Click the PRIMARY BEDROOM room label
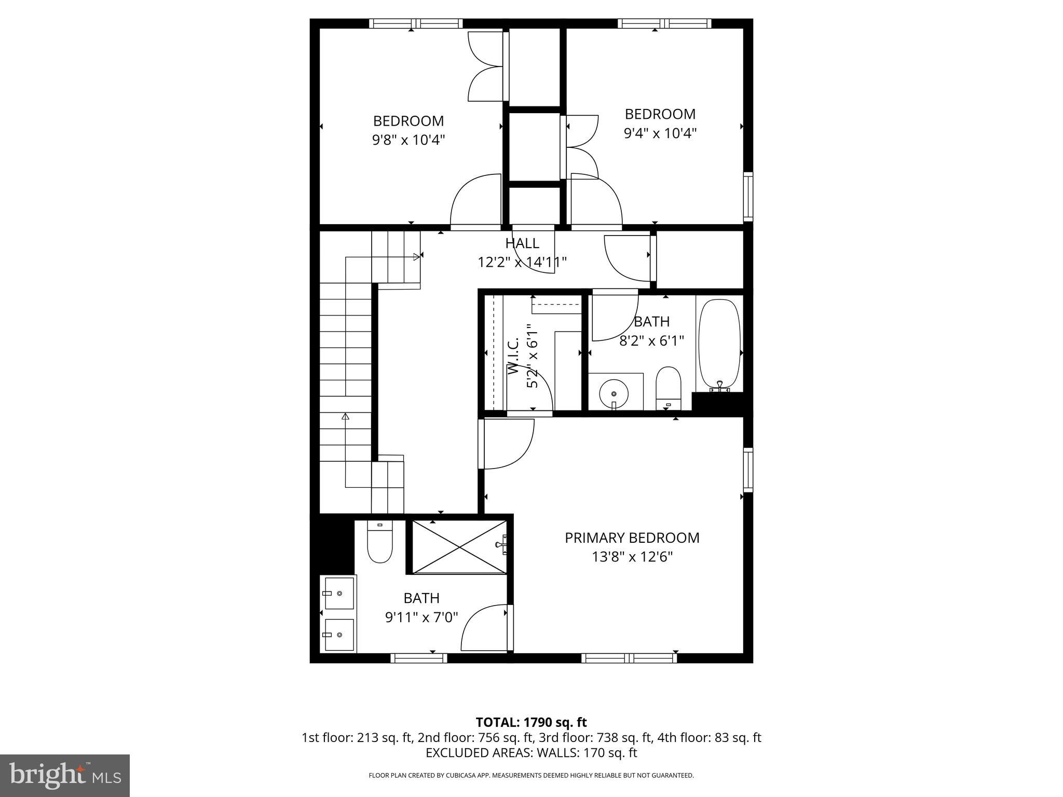(632, 538)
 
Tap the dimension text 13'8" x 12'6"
(632, 557)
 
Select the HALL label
(522, 243)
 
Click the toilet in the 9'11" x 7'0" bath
(380, 543)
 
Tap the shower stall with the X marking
(459, 546)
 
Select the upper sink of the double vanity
(339, 593)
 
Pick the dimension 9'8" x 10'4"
(408, 140)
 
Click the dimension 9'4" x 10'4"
(660, 133)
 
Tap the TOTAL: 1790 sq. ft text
(531, 722)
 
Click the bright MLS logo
(65, 775)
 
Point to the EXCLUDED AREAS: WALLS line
(531, 753)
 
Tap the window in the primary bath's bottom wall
(418, 658)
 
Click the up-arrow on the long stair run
(345, 417)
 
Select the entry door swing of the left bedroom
(475, 202)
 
